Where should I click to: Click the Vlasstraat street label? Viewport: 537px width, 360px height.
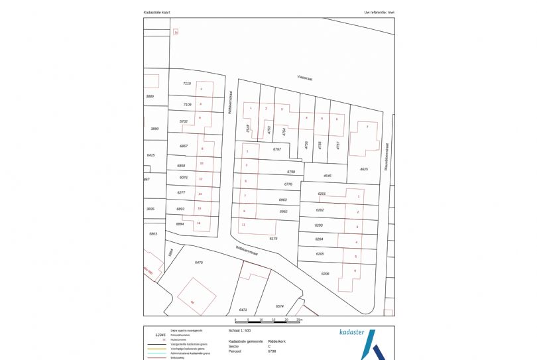(305, 78)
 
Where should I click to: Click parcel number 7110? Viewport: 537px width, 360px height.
(186, 84)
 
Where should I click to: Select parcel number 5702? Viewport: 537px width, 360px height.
(184, 121)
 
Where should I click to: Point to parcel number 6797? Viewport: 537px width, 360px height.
(277, 150)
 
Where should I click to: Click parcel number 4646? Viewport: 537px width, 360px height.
(327, 176)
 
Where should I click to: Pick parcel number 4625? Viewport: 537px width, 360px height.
(363, 169)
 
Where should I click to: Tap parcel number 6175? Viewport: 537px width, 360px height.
(272, 237)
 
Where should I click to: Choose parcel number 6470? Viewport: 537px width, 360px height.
(198, 263)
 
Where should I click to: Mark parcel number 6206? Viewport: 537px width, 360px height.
(325, 273)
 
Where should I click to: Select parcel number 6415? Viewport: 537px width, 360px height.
(150, 154)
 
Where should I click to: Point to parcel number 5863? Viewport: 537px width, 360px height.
(153, 234)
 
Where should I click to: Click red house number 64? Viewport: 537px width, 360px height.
(192, 302)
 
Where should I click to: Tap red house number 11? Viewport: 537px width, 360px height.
(244, 225)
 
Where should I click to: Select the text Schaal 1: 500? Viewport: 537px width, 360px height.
(241, 329)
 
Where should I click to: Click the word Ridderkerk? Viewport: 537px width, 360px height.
(277, 341)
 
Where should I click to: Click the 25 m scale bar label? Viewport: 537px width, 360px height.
(300, 320)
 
